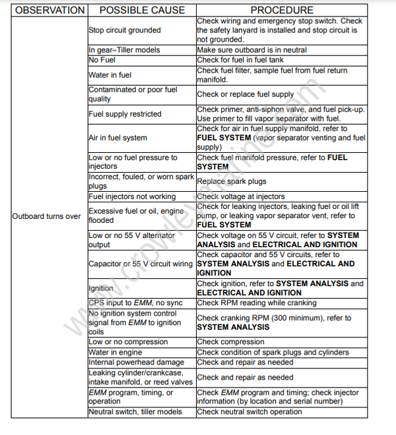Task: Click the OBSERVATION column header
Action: pyautogui.click(x=49, y=10)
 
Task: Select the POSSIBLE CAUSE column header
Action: pyautogui.click(x=141, y=10)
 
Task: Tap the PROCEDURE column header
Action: pyautogui.click(x=282, y=10)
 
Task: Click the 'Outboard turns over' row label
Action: pyautogui.click(x=46, y=216)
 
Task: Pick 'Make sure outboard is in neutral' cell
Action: pyautogui.click(x=251, y=50)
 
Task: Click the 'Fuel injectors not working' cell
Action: pyautogui.click(x=132, y=196)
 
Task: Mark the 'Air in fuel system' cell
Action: pyautogui.click(x=117, y=138)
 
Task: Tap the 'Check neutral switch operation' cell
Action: pyautogui.click(x=249, y=412)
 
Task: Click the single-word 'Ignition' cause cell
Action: pyautogui.click(x=101, y=288)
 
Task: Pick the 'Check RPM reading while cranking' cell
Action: pyautogui.click(x=256, y=303)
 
